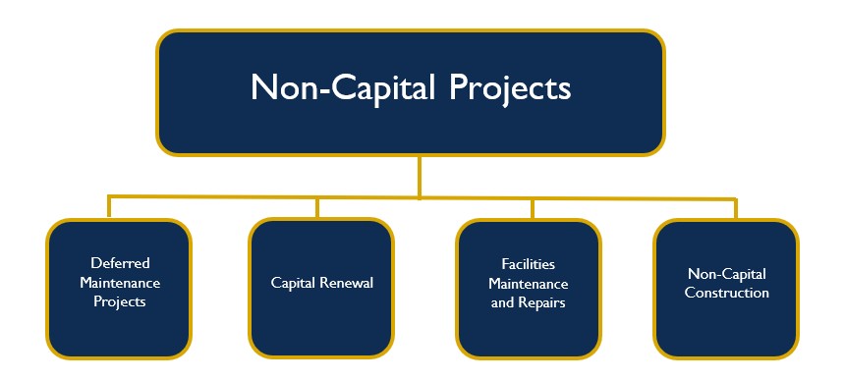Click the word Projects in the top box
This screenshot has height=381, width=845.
[510, 88]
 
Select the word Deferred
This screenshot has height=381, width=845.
[120, 263]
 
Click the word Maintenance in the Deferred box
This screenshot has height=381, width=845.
[120, 283]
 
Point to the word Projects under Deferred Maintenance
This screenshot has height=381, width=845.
[120, 301]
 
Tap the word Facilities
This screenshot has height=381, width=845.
[529, 264]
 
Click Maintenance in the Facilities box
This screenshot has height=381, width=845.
[529, 284]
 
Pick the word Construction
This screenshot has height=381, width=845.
[726, 294]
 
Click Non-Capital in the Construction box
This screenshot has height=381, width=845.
[726, 274]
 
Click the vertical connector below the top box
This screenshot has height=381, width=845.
[420, 178]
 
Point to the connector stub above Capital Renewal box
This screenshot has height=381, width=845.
[317, 207]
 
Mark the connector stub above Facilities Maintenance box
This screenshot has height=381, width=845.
[532, 208]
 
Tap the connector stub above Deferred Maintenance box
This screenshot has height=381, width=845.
[109, 207]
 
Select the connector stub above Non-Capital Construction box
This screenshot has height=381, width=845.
[736, 209]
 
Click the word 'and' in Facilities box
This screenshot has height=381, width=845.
[502, 302]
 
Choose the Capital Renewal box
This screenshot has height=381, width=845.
[321, 288]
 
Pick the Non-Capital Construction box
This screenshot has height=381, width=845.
[726, 289]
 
